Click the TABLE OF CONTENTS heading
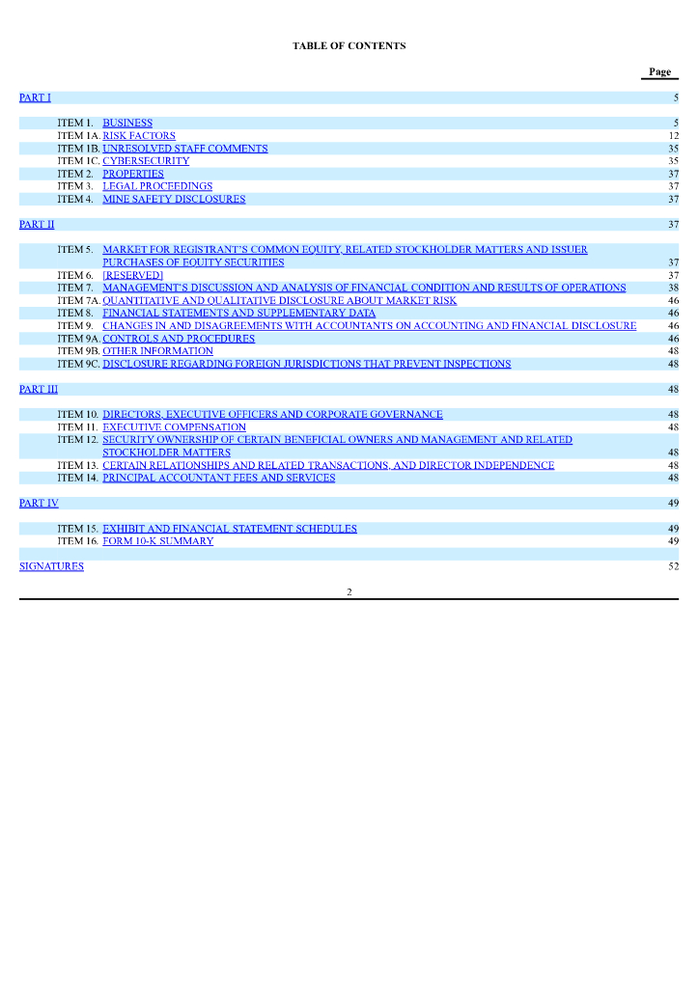(349, 46)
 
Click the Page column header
(659, 72)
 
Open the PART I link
(35, 97)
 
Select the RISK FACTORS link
(139, 136)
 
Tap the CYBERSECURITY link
(146, 161)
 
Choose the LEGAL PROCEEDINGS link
(157, 186)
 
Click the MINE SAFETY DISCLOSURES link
(174, 199)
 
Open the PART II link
(37, 224)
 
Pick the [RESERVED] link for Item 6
(132, 275)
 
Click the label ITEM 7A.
(78, 300)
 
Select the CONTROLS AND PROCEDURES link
(179, 339)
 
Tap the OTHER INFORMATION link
(157, 351)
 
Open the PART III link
(39, 389)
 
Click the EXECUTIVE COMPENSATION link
(174, 427)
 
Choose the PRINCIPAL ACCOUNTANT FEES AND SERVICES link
(219, 478)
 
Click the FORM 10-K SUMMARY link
(158, 541)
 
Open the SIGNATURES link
(51, 566)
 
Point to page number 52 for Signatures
(673, 566)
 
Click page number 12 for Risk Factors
(673, 136)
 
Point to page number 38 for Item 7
(673, 288)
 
